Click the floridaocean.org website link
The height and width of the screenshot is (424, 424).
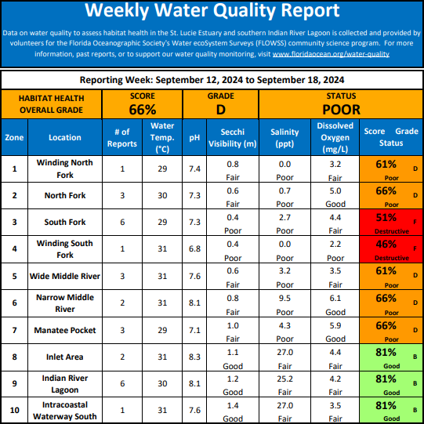coord(331,54)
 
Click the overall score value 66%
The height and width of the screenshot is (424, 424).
coord(143,110)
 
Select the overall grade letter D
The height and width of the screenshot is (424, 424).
coord(221,110)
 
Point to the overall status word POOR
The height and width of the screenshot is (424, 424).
coord(341,110)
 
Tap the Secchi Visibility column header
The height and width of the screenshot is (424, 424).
coord(233,138)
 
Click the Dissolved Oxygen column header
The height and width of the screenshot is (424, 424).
coord(335,137)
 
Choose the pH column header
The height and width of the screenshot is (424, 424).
coord(194,138)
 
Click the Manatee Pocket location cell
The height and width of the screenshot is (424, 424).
coord(65,330)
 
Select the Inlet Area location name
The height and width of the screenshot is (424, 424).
coord(65,357)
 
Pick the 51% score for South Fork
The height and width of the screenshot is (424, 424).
coord(386,217)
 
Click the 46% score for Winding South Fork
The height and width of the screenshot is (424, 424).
coord(386,245)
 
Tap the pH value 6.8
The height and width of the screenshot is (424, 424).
coord(194,248)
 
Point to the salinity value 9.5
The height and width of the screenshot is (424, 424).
coord(284,299)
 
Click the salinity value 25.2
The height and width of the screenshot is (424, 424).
coord(284,379)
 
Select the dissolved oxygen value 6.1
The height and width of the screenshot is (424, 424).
coord(335,299)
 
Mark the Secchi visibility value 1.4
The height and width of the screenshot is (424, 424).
coord(233,406)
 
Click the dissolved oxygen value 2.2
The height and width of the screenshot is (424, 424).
coord(335,245)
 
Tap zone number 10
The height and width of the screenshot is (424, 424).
coord(14,411)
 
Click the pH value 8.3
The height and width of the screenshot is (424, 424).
coord(194,357)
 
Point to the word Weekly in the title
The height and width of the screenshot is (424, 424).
coord(117,11)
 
